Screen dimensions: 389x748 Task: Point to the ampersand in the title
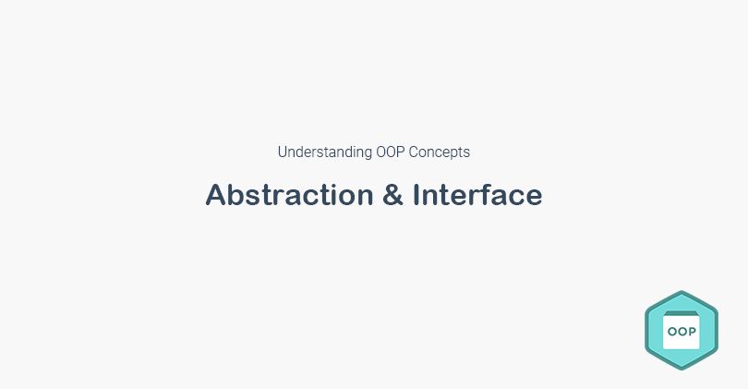[392, 195]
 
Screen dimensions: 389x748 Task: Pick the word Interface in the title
[477, 195]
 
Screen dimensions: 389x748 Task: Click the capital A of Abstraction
[215, 195]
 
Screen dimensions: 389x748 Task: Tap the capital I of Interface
[417, 195]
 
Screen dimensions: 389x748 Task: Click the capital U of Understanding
[283, 152]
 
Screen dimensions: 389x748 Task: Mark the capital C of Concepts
[415, 152]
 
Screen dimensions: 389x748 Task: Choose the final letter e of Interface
[534, 197]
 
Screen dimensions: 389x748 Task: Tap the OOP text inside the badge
[682, 331]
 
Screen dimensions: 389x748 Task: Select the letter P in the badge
[692, 331]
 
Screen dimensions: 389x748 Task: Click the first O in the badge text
[671, 331]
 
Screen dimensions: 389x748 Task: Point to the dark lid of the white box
[682, 313]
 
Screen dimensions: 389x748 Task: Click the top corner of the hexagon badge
[682, 292]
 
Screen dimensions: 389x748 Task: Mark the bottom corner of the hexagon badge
[682, 369]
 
